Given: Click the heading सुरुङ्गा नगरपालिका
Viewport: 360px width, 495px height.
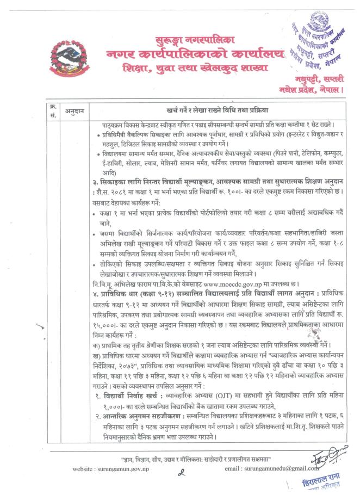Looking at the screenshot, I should coord(183,40).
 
